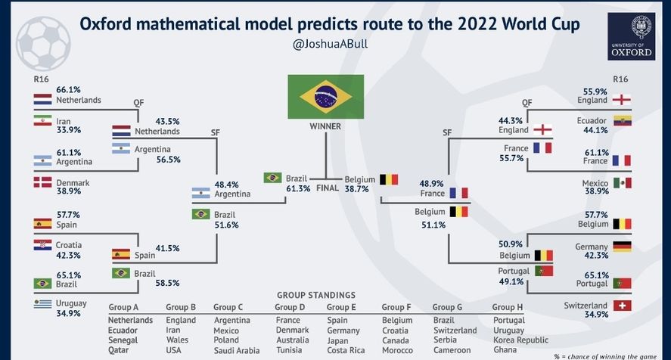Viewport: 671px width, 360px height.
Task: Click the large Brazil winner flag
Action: (325, 97)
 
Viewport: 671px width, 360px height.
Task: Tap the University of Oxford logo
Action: (631, 36)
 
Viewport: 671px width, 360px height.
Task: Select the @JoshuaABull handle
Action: (330, 44)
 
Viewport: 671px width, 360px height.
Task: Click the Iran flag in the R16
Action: (43, 120)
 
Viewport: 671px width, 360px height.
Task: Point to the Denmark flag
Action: (43, 182)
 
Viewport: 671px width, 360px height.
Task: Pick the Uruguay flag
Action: (43, 303)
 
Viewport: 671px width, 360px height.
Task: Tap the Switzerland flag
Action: (623, 306)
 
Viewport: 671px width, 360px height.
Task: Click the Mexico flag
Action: (623, 183)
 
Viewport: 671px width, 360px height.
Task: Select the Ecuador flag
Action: (623, 121)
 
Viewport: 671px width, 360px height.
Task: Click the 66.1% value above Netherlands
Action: (69, 90)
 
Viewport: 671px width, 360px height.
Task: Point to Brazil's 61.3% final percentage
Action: (298, 188)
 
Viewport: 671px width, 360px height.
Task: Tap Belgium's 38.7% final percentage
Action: (356, 189)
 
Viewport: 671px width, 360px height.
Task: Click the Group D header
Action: (290, 307)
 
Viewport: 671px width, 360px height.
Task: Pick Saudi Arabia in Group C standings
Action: (237, 351)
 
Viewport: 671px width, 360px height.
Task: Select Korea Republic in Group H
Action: (520, 340)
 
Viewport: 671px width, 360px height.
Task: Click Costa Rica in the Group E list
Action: (346, 350)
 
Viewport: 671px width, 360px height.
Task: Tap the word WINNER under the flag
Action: (325, 126)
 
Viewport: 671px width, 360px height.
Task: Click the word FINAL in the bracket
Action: (328, 188)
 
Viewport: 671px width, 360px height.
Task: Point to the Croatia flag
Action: (43, 244)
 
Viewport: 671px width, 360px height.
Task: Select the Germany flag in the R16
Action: (623, 247)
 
